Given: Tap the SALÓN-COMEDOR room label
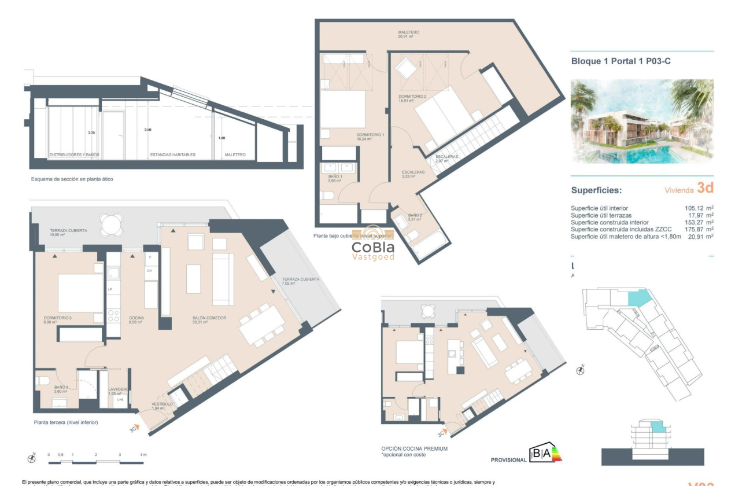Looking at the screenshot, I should pyautogui.click(x=209, y=318).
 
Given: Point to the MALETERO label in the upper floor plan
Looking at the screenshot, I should pyautogui.click(x=408, y=32).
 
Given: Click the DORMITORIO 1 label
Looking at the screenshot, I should pyautogui.click(x=370, y=135).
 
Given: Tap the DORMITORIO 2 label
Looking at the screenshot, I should pyautogui.click(x=412, y=96).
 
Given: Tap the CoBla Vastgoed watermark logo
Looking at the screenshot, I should pyautogui.click(x=373, y=250).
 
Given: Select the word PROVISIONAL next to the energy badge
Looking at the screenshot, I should pyautogui.click(x=508, y=460).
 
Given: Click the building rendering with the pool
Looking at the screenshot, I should pyautogui.click(x=642, y=122).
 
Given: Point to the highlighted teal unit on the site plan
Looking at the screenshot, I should pyautogui.click(x=638, y=298).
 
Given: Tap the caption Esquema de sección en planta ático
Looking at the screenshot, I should pyautogui.click(x=72, y=179).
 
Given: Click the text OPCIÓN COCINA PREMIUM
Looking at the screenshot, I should pyautogui.click(x=414, y=449).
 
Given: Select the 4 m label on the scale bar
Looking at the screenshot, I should pyautogui.click(x=143, y=455).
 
